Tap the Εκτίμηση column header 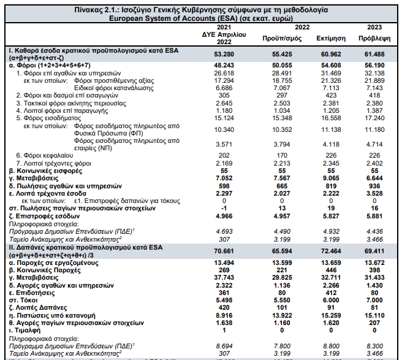click(330, 37)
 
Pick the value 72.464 click(330, 251)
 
